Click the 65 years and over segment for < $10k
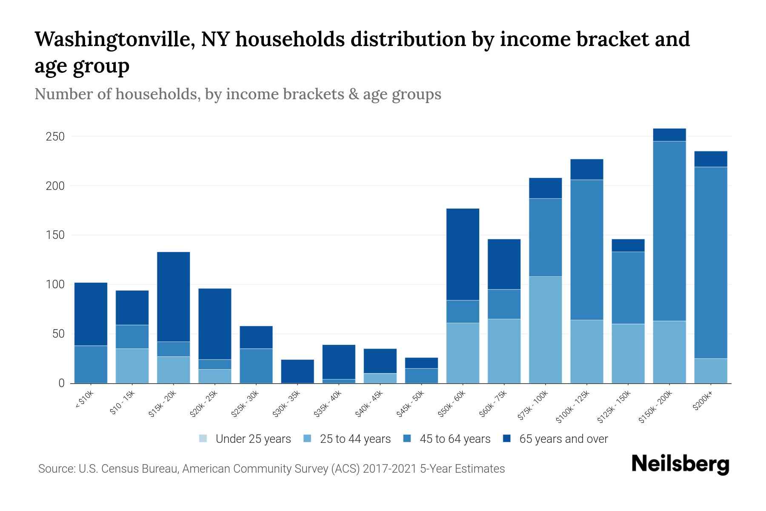[x=91, y=314]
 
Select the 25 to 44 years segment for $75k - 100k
[x=545, y=330]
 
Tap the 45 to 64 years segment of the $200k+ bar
[x=710, y=262]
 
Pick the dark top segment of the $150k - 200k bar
[x=669, y=135]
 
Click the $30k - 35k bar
[x=297, y=371]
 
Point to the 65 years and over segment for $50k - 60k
[x=463, y=254]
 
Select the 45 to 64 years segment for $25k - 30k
[x=256, y=366]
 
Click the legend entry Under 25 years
[x=245, y=439]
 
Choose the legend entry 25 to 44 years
[x=348, y=439]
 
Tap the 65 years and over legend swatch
[x=507, y=439]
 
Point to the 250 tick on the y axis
[x=56, y=137]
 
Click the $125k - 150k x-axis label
[x=615, y=407]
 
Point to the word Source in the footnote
[x=56, y=469]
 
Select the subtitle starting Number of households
[x=237, y=94]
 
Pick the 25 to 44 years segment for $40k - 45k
[x=380, y=378]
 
